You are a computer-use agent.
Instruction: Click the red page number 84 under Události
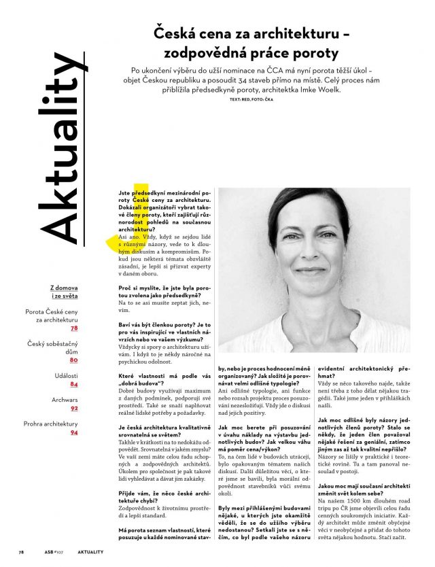click(x=74, y=384)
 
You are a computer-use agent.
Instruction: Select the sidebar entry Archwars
click(x=65, y=399)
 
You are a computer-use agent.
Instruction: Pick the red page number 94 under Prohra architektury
click(x=74, y=432)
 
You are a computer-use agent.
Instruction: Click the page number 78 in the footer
click(x=21, y=552)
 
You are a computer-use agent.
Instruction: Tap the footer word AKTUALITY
click(x=90, y=552)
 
